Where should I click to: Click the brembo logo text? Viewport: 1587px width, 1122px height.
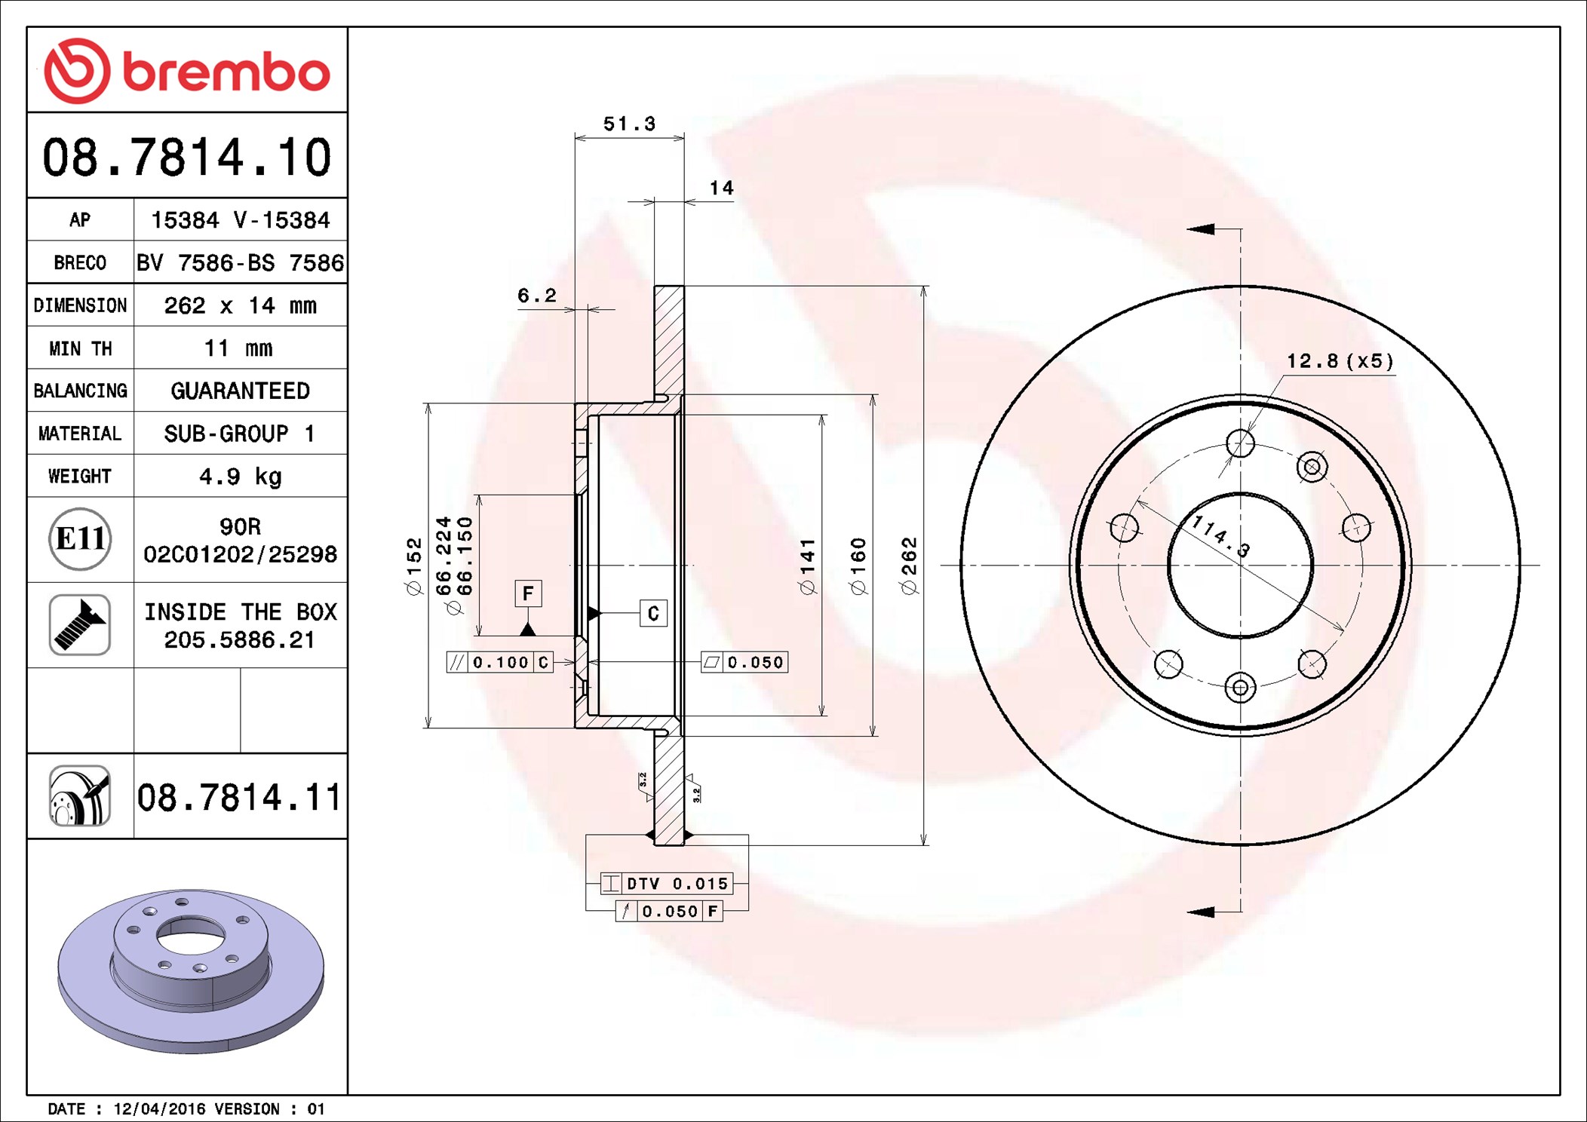click(x=226, y=72)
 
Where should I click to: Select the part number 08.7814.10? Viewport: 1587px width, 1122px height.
click(x=186, y=158)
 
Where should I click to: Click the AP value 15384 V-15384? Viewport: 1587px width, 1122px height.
click(x=240, y=220)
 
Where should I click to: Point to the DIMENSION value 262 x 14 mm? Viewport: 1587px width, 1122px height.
click(x=240, y=305)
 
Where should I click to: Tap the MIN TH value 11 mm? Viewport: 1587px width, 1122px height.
click(x=238, y=348)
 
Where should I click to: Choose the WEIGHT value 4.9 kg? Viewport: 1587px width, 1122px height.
click(x=240, y=477)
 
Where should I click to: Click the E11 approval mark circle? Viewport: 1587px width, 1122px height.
click(x=80, y=539)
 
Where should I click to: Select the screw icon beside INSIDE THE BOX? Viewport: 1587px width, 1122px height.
click(x=80, y=624)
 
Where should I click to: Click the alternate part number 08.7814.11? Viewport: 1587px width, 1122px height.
click(x=239, y=797)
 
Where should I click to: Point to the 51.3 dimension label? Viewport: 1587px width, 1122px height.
click(x=629, y=124)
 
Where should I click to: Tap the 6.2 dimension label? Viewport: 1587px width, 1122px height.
click(x=536, y=296)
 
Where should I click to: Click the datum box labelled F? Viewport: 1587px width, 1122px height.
click(x=528, y=593)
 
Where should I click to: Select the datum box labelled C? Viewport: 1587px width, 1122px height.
click(x=653, y=613)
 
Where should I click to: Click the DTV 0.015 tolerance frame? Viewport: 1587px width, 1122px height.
click(x=667, y=883)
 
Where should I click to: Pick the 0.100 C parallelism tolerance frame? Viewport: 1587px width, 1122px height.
click(x=499, y=662)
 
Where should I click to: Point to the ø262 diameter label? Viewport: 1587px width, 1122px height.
click(x=910, y=566)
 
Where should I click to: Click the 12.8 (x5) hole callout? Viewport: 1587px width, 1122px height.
click(x=1340, y=361)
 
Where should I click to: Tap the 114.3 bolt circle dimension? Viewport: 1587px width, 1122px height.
click(x=1220, y=535)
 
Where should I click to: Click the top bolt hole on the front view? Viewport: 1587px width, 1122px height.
click(x=1240, y=443)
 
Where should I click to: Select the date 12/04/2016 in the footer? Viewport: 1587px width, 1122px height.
click(x=159, y=1108)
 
